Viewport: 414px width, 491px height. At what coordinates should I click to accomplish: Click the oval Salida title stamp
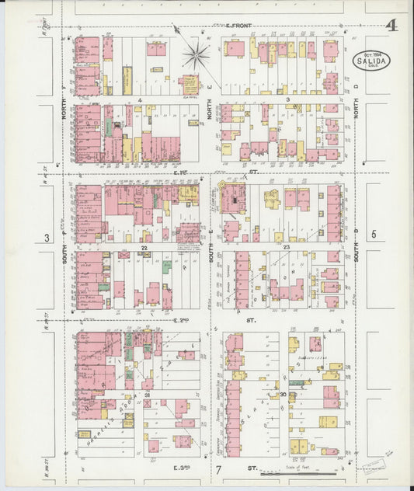(371, 61)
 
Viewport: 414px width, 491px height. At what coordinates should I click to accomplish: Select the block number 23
(286, 246)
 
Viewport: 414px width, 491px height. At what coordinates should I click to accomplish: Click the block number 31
(145, 396)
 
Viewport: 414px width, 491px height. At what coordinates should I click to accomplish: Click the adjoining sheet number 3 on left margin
(47, 237)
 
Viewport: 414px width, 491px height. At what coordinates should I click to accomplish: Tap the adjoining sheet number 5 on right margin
(373, 233)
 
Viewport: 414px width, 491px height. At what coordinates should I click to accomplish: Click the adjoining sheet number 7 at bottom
(219, 471)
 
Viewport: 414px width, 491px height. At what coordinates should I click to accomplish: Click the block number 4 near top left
(141, 100)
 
